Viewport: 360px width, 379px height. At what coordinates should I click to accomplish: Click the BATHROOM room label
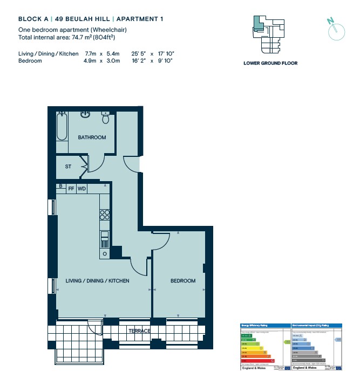(x=92, y=137)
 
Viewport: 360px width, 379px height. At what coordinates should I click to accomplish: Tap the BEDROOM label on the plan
(x=183, y=281)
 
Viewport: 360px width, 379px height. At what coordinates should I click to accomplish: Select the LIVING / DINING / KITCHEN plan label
(x=97, y=281)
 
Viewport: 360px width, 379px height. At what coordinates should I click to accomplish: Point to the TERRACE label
(x=139, y=330)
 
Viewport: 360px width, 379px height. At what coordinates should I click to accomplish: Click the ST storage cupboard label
(x=68, y=167)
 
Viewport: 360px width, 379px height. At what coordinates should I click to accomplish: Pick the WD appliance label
(x=81, y=189)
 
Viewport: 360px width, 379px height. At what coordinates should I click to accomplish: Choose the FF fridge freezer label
(x=71, y=189)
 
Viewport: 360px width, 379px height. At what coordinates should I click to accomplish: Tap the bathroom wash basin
(x=85, y=114)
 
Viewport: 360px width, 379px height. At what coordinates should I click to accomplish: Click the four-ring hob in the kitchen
(x=105, y=215)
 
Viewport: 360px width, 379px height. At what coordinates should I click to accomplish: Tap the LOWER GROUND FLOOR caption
(x=270, y=63)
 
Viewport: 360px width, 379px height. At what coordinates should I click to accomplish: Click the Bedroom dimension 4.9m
(x=89, y=61)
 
